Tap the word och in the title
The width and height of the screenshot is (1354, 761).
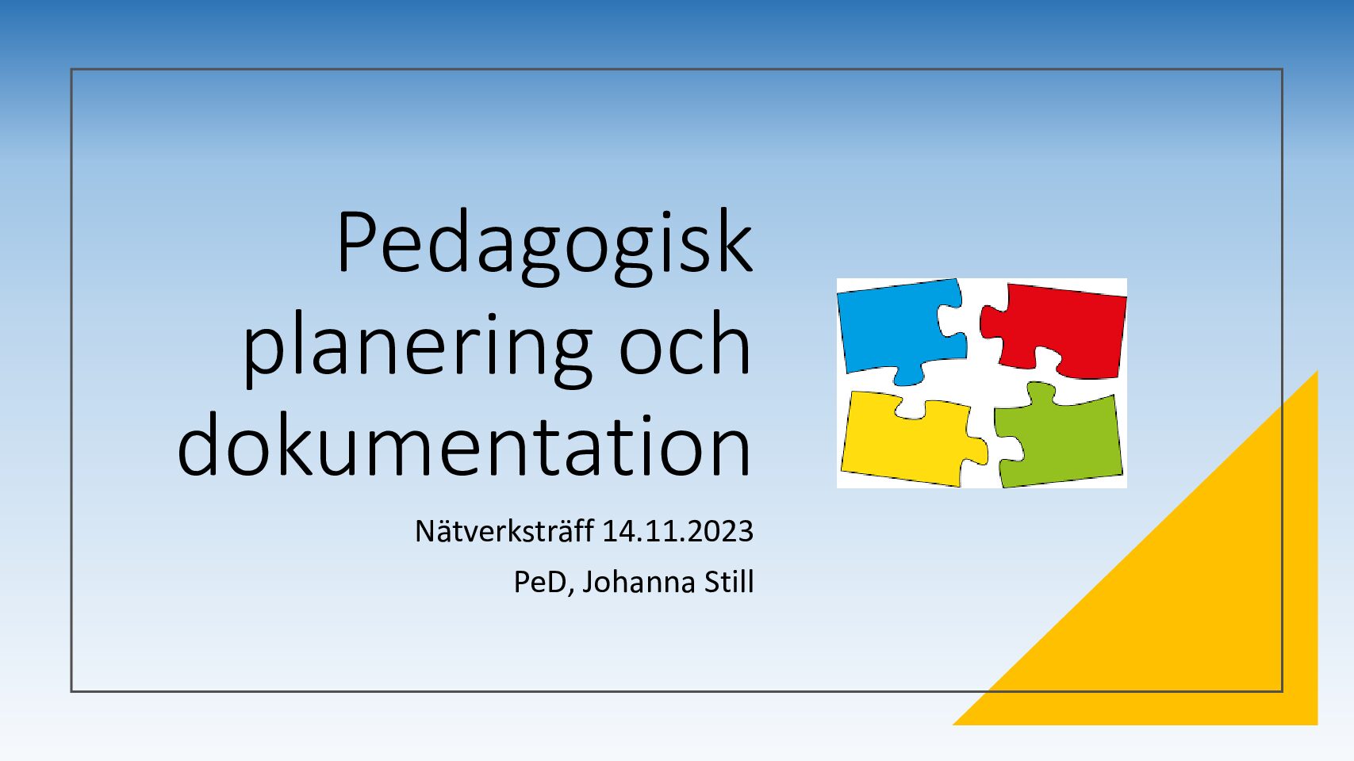pos(685,342)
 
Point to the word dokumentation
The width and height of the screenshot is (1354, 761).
pos(464,446)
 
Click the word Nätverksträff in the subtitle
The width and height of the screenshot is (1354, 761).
pos(504,531)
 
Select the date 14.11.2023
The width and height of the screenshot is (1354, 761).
pos(678,531)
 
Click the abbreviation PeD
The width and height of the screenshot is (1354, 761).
pos(540,582)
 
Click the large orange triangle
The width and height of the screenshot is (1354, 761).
pos(1197,604)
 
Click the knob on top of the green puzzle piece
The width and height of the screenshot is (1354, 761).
pos(1041,392)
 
